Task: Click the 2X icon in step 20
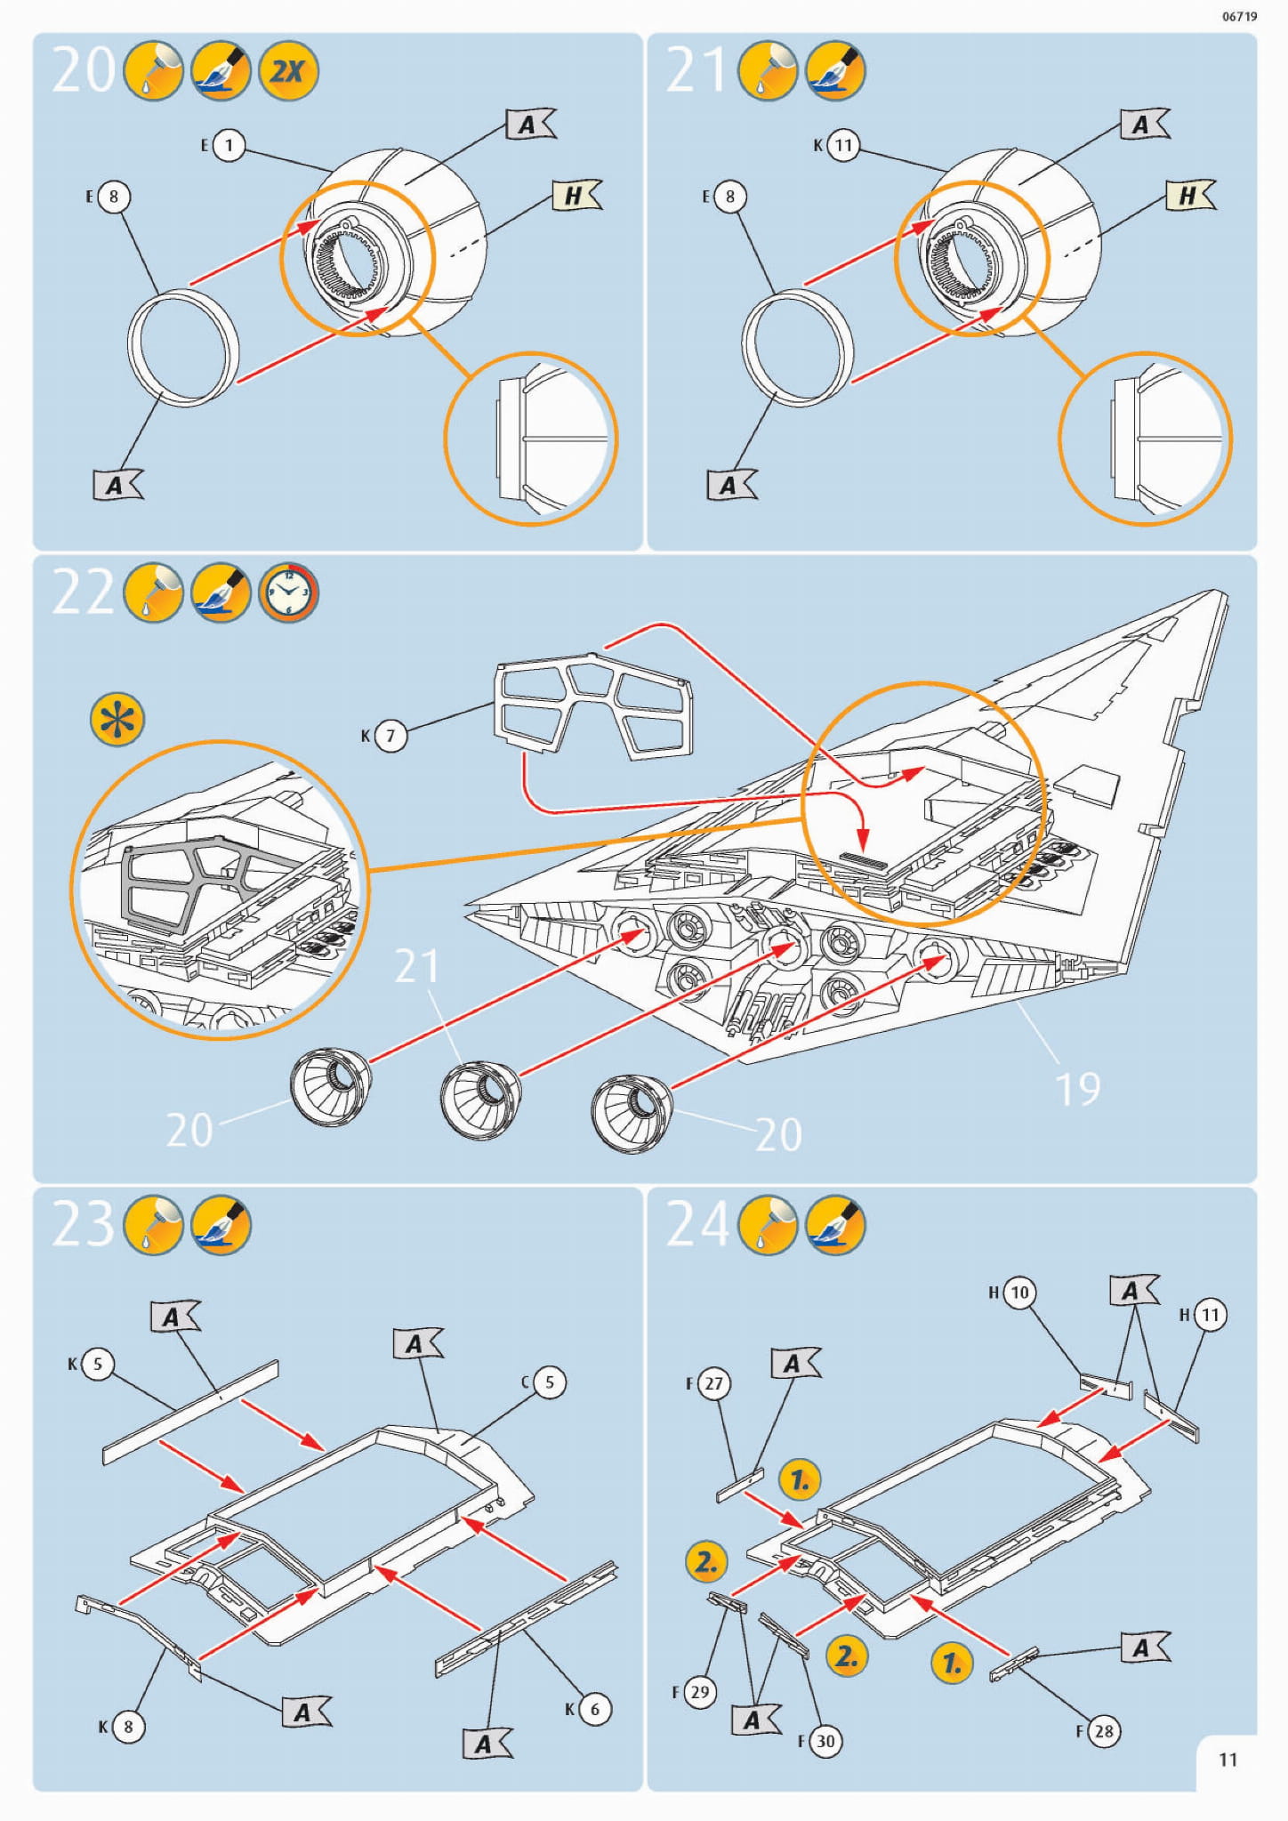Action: tap(287, 70)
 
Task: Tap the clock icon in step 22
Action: tap(287, 592)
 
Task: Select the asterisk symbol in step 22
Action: tap(117, 719)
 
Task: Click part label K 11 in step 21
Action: tap(843, 145)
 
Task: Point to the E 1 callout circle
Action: tap(229, 145)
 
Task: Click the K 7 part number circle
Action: tap(390, 736)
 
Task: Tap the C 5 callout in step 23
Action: tap(549, 1382)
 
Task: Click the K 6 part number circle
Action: tap(594, 1709)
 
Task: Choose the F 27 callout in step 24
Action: tap(713, 1383)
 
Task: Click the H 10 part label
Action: tap(1018, 1292)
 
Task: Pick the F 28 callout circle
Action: tap(1103, 1731)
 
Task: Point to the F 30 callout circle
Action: tap(825, 1741)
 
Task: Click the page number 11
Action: tap(1228, 1760)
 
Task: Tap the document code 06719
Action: tap(1239, 17)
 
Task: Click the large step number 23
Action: tap(83, 1224)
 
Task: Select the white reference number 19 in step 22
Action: tap(1077, 1089)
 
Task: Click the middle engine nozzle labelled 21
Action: tap(480, 1100)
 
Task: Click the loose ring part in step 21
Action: tap(797, 347)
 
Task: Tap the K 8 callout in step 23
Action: tap(127, 1727)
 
